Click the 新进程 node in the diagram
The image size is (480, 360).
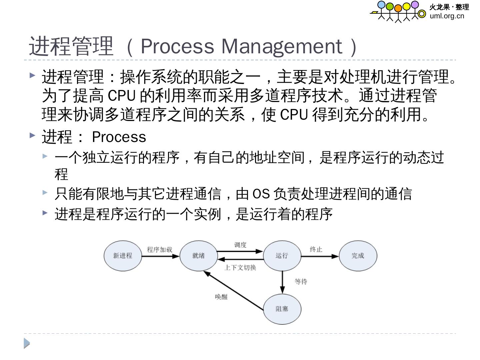tap(123, 256)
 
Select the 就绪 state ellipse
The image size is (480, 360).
tap(198, 256)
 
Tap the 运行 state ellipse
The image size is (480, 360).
tap(282, 256)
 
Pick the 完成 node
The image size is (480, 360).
tap(358, 256)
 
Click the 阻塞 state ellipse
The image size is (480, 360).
tap(282, 309)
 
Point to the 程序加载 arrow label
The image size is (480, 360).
tap(160, 250)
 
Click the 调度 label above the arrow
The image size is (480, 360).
tap(240, 245)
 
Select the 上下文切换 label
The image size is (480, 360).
tap(240, 268)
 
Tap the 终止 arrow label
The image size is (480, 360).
tap(316, 250)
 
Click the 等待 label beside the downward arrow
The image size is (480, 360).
tap(301, 282)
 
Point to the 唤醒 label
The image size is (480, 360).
tap(221, 297)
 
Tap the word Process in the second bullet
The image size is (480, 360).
tap(119, 137)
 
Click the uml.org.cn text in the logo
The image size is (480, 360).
tap(447, 16)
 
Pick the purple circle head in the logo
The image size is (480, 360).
tap(415, 5)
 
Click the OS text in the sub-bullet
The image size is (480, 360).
tap(261, 194)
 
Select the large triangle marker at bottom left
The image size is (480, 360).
tap(27, 343)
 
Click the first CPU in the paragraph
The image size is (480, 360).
tap(122, 96)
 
